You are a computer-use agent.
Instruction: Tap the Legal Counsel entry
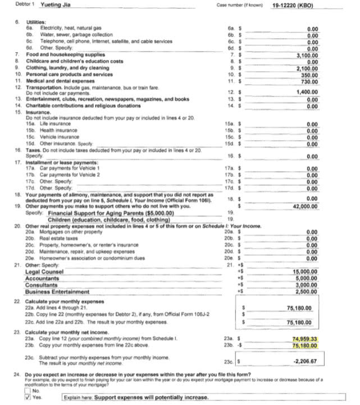[x=44, y=271]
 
